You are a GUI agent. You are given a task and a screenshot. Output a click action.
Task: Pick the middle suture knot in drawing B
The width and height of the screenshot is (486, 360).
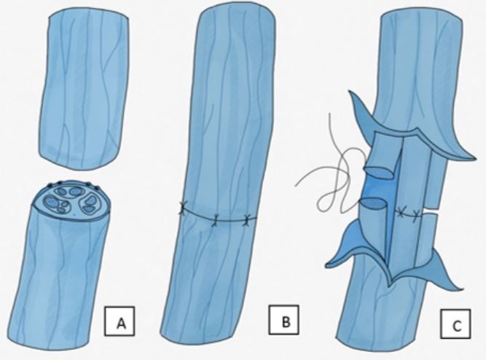(x=216, y=221)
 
